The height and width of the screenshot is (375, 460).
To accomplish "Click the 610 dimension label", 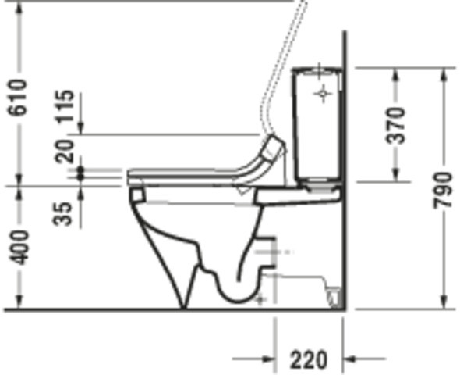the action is pyautogui.click(x=18, y=98).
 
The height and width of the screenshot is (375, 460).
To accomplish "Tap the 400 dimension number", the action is pyautogui.click(x=18, y=248).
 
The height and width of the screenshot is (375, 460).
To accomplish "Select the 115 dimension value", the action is pyautogui.click(x=65, y=106).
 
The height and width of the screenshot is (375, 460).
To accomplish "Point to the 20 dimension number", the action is pyautogui.click(x=65, y=152).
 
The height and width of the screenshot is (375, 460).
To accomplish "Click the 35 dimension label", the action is pyautogui.click(x=62, y=213).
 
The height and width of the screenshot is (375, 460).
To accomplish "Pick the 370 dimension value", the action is pyautogui.click(x=395, y=126).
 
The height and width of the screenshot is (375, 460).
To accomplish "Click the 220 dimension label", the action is pyautogui.click(x=308, y=359).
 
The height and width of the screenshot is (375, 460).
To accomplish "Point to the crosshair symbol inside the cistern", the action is pyautogui.click(x=323, y=94).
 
